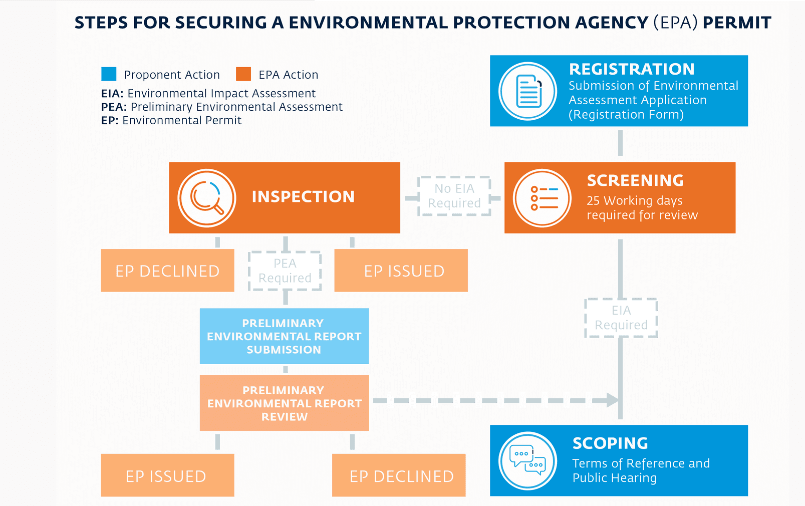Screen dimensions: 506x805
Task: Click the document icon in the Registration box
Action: pos(528,91)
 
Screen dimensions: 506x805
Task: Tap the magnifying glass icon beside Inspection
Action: pos(207,198)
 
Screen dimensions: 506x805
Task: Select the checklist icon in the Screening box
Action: pos(543,198)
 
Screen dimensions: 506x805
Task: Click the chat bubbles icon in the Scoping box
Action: pos(528,460)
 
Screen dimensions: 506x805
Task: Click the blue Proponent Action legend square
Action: pos(109,74)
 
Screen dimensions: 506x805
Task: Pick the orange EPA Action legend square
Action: pos(243,74)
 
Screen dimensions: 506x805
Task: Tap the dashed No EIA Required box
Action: pos(454,196)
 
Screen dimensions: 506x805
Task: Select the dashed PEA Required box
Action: pos(285,271)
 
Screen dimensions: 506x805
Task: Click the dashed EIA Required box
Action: pos(621,318)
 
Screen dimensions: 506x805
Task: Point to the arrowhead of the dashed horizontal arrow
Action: pos(613,400)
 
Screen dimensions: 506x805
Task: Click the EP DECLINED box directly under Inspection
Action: pos(167,271)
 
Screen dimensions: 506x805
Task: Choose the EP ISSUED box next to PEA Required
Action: pos(401,271)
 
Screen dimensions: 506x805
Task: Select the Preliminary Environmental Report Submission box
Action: pos(284,336)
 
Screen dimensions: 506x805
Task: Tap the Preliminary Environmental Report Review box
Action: pos(284,403)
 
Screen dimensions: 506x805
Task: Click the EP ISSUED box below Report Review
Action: pos(167,475)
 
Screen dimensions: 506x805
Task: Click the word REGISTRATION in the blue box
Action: pos(632,69)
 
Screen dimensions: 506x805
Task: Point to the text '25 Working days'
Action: pos(634,201)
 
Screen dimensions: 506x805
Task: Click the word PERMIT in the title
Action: pos(736,23)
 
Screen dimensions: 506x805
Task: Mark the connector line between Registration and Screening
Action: pos(620,143)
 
